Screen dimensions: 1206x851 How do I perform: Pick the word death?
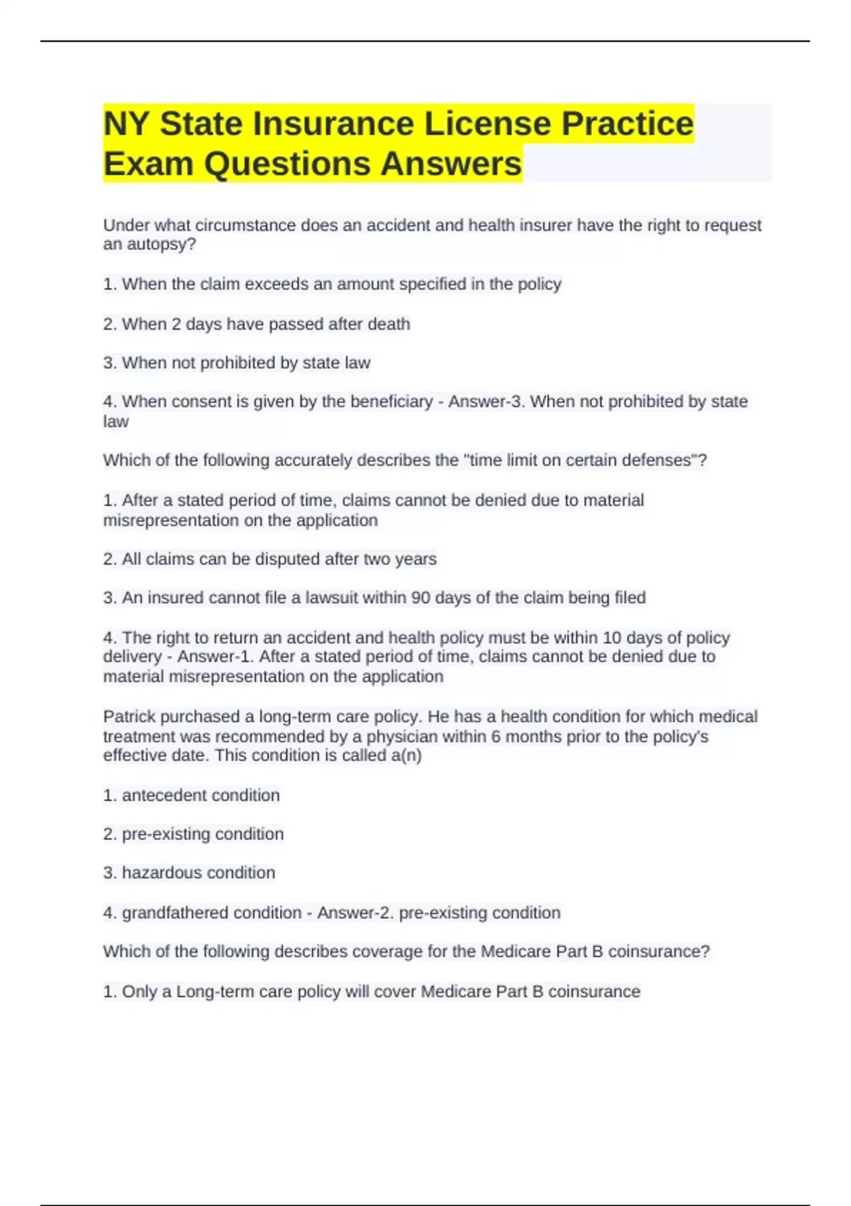tap(389, 324)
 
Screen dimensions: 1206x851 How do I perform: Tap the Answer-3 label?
tap(486, 402)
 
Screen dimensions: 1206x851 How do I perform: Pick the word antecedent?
tap(166, 795)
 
